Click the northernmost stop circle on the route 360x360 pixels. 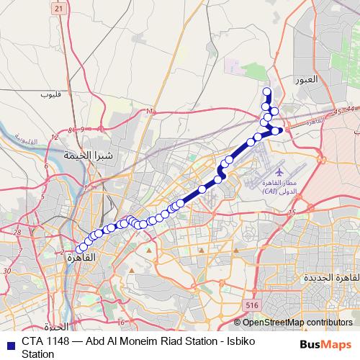267,91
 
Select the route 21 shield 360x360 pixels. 58,7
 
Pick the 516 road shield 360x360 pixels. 251,306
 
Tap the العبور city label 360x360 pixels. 305,80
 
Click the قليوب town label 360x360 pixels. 51,94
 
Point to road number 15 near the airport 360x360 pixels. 291,212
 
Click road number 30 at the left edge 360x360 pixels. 7,270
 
